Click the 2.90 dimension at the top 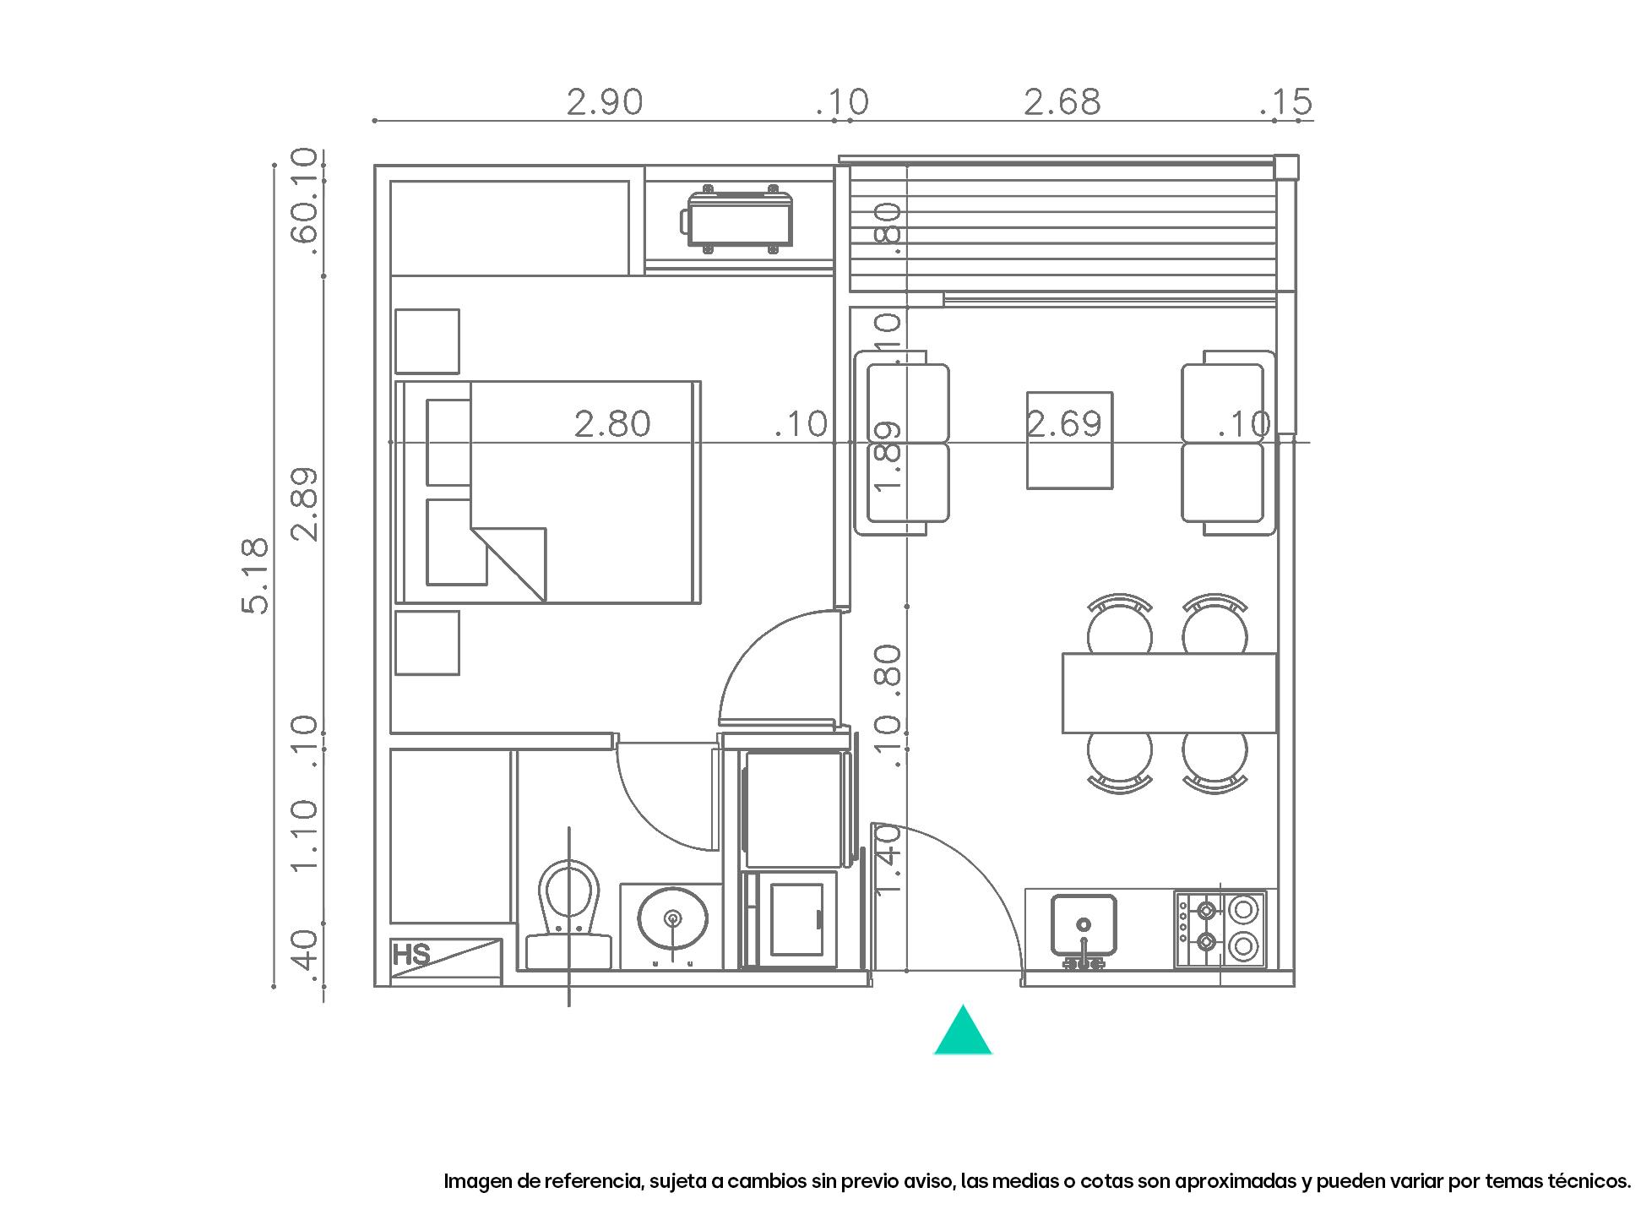click(x=604, y=102)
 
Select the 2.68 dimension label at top click(x=1062, y=102)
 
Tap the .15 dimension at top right click(x=1286, y=102)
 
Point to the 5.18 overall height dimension click(x=255, y=575)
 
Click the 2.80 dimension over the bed click(x=612, y=424)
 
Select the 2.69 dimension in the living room click(x=1064, y=424)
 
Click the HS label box click(x=412, y=956)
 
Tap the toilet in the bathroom click(x=568, y=912)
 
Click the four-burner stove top click(x=1220, y=929)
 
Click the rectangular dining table click(x=1169, y=693)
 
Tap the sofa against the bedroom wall click(x=901, y=444)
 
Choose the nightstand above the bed click(x=427, y=341)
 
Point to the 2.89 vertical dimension click(x=305, y=504)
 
